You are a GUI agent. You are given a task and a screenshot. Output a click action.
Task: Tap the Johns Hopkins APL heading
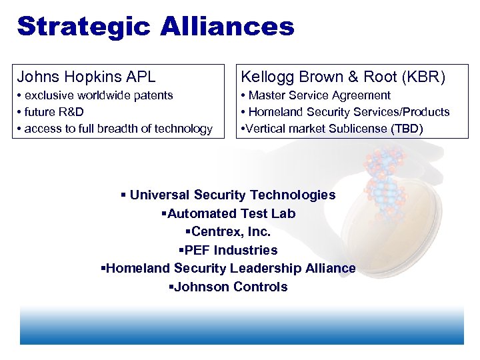pyautogui.click(x=86, y=77)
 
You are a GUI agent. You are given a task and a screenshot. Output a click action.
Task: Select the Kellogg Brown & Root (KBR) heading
pyautogui.click(x=343, y=77)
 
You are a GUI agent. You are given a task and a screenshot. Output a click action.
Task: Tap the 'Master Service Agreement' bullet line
pyautogui.click(x=316, y=95)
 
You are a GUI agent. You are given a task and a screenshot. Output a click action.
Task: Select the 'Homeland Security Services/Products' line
pyautogui.click(x=345, y=112)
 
